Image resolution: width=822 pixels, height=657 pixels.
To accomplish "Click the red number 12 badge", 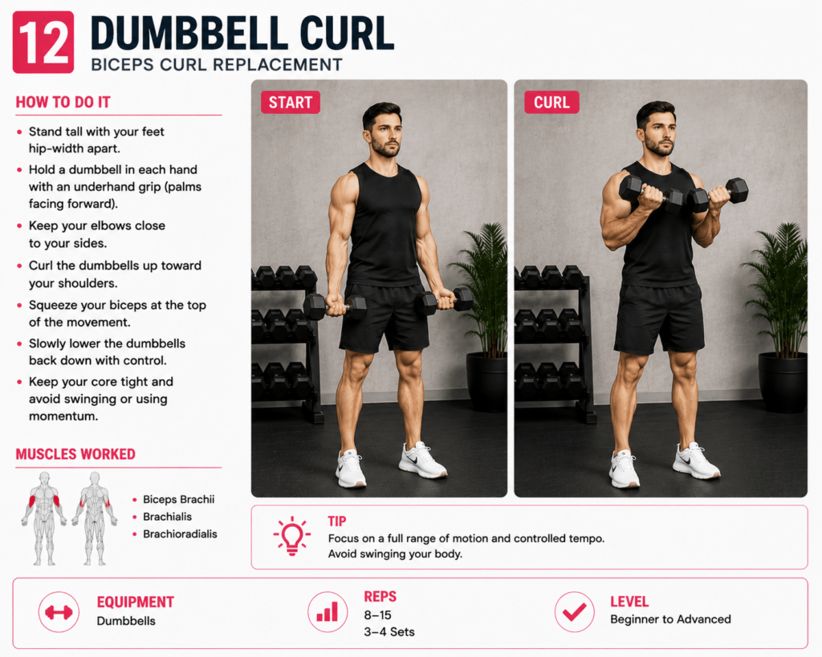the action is click(x=43, y=42).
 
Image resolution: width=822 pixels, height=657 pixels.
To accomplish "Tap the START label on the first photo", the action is click(x=291, y=102).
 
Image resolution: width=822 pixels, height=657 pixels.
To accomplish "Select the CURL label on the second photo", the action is click(x=551, y=102).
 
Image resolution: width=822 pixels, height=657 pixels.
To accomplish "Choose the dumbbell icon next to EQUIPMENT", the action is click(x=59, y=612).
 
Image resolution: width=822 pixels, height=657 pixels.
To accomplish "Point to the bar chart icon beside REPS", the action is click(x=328, y=612).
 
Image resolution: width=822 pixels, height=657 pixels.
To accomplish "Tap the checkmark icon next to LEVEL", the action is click(x=575, y=612).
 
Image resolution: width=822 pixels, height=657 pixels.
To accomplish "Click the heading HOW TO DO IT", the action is click(x=63, y=102).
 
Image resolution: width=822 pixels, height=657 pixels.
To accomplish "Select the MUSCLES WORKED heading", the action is click(x=75, y=454).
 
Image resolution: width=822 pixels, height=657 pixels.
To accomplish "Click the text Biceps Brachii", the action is click(x=179, y=499).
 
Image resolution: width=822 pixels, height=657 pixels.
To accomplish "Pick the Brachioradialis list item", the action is click(x=180, y=534).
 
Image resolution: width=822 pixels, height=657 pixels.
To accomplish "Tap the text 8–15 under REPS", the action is click(x=377, y=615).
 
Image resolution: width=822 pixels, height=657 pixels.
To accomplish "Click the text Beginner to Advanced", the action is click(x=670, y=619).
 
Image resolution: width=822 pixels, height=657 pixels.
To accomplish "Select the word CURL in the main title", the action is click(x=347, y=33).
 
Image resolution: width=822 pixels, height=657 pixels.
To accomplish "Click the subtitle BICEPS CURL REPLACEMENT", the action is click(x=217, y=65).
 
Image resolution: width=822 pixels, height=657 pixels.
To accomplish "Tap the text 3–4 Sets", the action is click(x=389, y=632).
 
